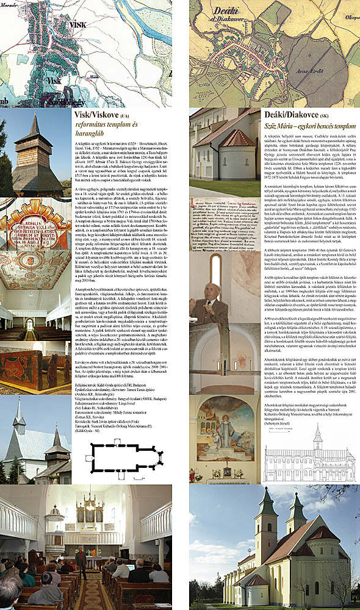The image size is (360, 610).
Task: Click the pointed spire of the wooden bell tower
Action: pyautogui.click(x=35, y=122)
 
